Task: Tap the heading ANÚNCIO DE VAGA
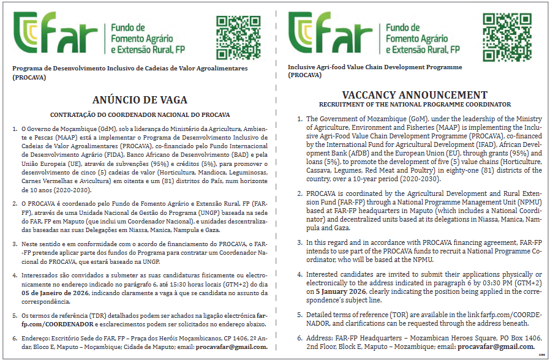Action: click(140, 100)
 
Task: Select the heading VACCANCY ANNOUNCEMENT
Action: click(415, 95)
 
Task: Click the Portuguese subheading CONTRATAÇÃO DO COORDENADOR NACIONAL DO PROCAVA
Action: click(140, 114)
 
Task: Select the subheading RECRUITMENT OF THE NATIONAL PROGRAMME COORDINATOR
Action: click(415, 105)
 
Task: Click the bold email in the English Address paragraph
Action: click(496, 347)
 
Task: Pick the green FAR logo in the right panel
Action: click(331, 34)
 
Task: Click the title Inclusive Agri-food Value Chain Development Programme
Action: click(375, 67)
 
